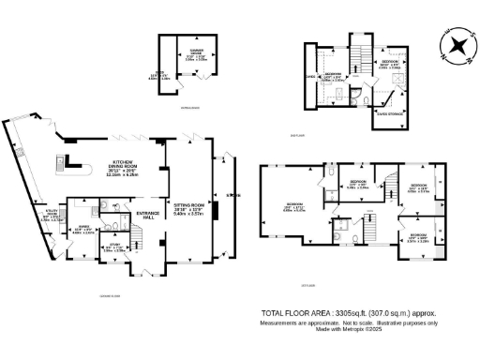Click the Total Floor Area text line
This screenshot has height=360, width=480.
click(x=349, y=313)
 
